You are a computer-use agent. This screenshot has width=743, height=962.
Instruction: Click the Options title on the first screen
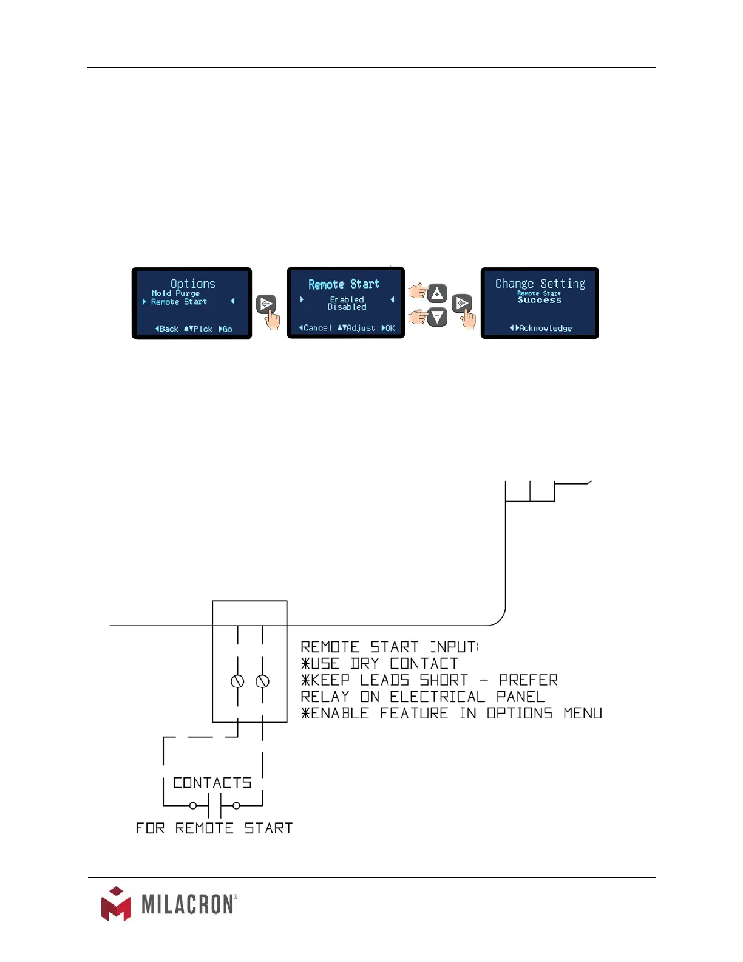pyautogui.click(x=192, y=284)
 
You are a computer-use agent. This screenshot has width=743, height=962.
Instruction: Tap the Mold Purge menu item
pyautogui.click(x=175, y=293)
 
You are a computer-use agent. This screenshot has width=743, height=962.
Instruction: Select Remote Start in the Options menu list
pyautogui.click(x=179, y=302)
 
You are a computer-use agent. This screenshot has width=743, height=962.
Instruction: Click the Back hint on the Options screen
pyautogui.click(x=167, y=329)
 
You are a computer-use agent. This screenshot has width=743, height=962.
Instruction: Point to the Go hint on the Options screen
pyautogui.click(x=226, y=329)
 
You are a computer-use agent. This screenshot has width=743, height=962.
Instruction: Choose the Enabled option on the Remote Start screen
pyautogui.click(x=347, y=299)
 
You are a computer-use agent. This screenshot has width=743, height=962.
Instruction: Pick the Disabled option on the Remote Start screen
pyautogui.click(x=347, y=307)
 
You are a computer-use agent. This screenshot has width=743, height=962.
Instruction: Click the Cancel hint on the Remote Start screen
pyautogui.click(x=316, y=328)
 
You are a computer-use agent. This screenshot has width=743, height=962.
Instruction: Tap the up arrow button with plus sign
pyautogui.click(x=437, y=294)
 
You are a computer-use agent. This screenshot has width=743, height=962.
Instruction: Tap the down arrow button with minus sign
pyautogui.click(x=437, y=317)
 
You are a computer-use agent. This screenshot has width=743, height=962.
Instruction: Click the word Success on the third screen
pyautogui.click(x=539, y=300)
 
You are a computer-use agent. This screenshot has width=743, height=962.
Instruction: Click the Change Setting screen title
pyautogui.click(x=540, y=284)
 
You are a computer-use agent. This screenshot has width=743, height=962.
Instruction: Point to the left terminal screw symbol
pyautogui.click(x=237, y=681)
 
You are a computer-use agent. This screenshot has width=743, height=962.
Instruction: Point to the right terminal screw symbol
pyautogui.click(x=262, y=681)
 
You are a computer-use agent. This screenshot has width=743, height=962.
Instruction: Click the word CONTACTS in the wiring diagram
pyautogui.click(x=212, y=783)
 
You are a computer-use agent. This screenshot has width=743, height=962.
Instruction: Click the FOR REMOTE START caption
pyautogui.click(x=214, y=828)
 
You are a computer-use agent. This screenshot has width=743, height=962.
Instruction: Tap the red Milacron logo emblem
pyautogui.click(x=116, y=904)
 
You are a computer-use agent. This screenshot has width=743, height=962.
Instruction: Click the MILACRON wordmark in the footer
pyautogui.click(x=188, y=904)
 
